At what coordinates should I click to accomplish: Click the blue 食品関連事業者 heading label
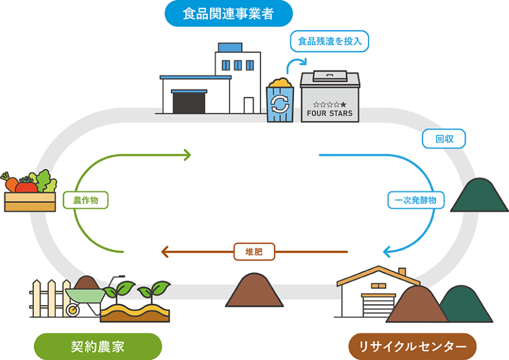(228, 14)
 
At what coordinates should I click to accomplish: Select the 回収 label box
(443, 138)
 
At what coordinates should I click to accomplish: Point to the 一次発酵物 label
(416, 200)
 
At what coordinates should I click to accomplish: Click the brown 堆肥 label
(255, 250)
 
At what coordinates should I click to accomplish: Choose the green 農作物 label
(85, 200)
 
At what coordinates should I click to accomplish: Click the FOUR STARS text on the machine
(329, 113)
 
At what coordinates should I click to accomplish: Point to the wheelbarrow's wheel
(73, 310)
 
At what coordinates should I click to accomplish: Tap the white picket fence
(48, 297)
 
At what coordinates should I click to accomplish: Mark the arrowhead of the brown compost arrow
(165, 251)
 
